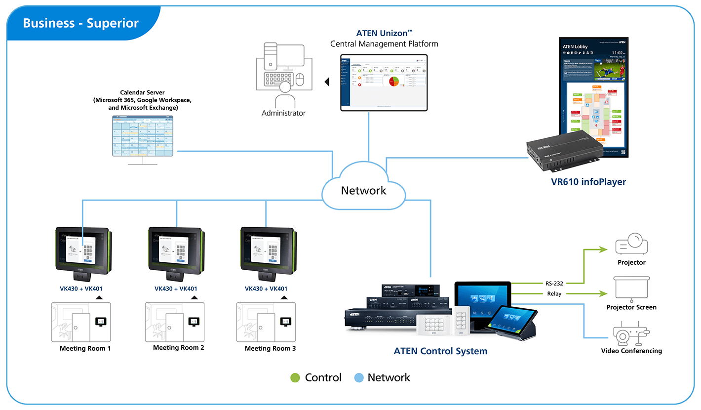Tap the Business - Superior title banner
[x=81, y=23]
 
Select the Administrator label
[x=283, y=113]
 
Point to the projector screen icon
[x=631, y=288]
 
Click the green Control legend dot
[x=295, y=378]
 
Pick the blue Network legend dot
[x=359, y=378]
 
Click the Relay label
[x=554, y=294]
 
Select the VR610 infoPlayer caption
[x=588, y=182]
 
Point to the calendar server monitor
[x=143, y=136]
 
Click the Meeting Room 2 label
[x=178, y=348]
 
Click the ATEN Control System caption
[x=440, y=351]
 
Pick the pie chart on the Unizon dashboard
[x=393, y=81]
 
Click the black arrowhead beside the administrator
[x=327, y=82]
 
